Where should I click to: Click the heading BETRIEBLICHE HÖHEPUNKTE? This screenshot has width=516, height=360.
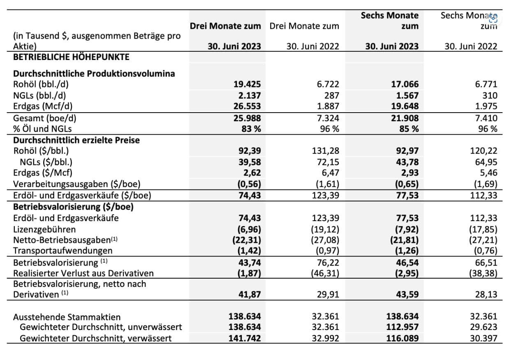(72, 57)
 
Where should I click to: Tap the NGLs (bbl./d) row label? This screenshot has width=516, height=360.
(39, 95)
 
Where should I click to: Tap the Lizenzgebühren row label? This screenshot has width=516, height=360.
(44, 229)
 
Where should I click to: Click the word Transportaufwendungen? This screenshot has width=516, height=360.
(63, 250)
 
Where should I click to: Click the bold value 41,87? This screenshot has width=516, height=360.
(248, 295)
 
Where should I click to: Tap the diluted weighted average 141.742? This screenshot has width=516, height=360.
(245, 338)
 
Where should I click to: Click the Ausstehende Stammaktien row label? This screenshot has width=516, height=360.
(67, 317)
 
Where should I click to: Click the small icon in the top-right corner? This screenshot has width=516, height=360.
(493, 18)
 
